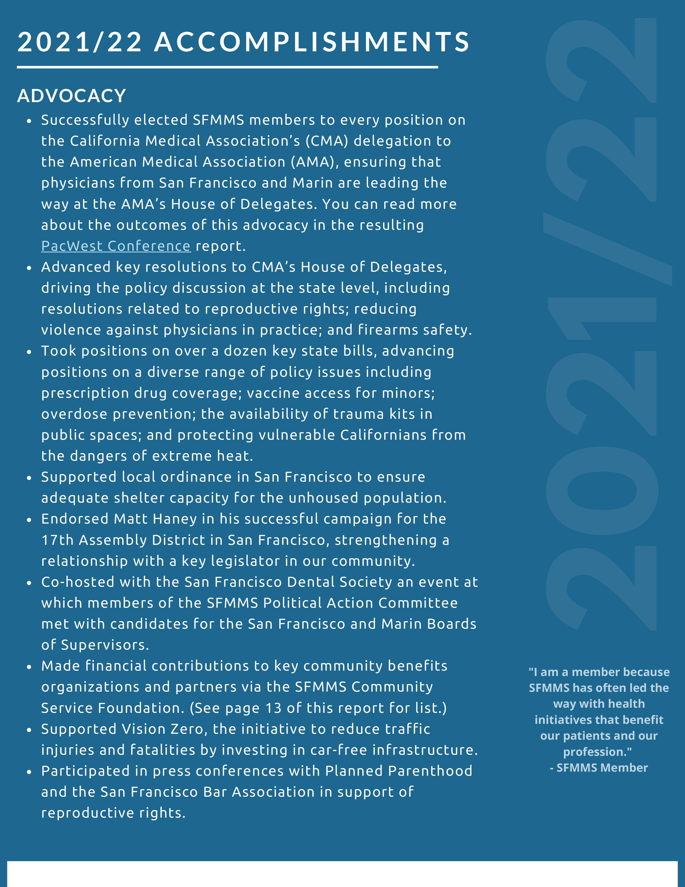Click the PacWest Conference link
[116, 246]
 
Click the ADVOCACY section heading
[71, 96]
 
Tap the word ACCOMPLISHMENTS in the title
[312, 42]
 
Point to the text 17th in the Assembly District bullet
[57, 540]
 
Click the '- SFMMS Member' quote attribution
[599, 768]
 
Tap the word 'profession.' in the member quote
[597, 752]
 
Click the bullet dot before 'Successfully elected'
[29, 121]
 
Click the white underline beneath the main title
[227, 67]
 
